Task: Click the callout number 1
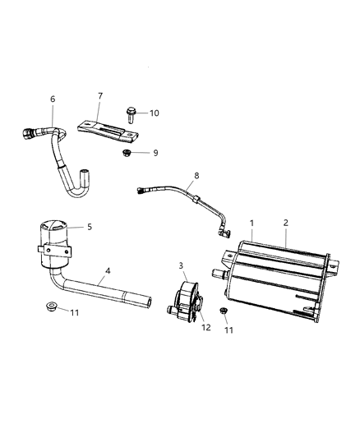pyautogui.click(x=252, y=223)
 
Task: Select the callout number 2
pyautogui.click(x=285, y=223)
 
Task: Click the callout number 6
pyautogui.click(x=53, y=100)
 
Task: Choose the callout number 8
pyautogui.click(x=196, y=175)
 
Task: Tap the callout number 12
pyautogui.click(x=205, y=327)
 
